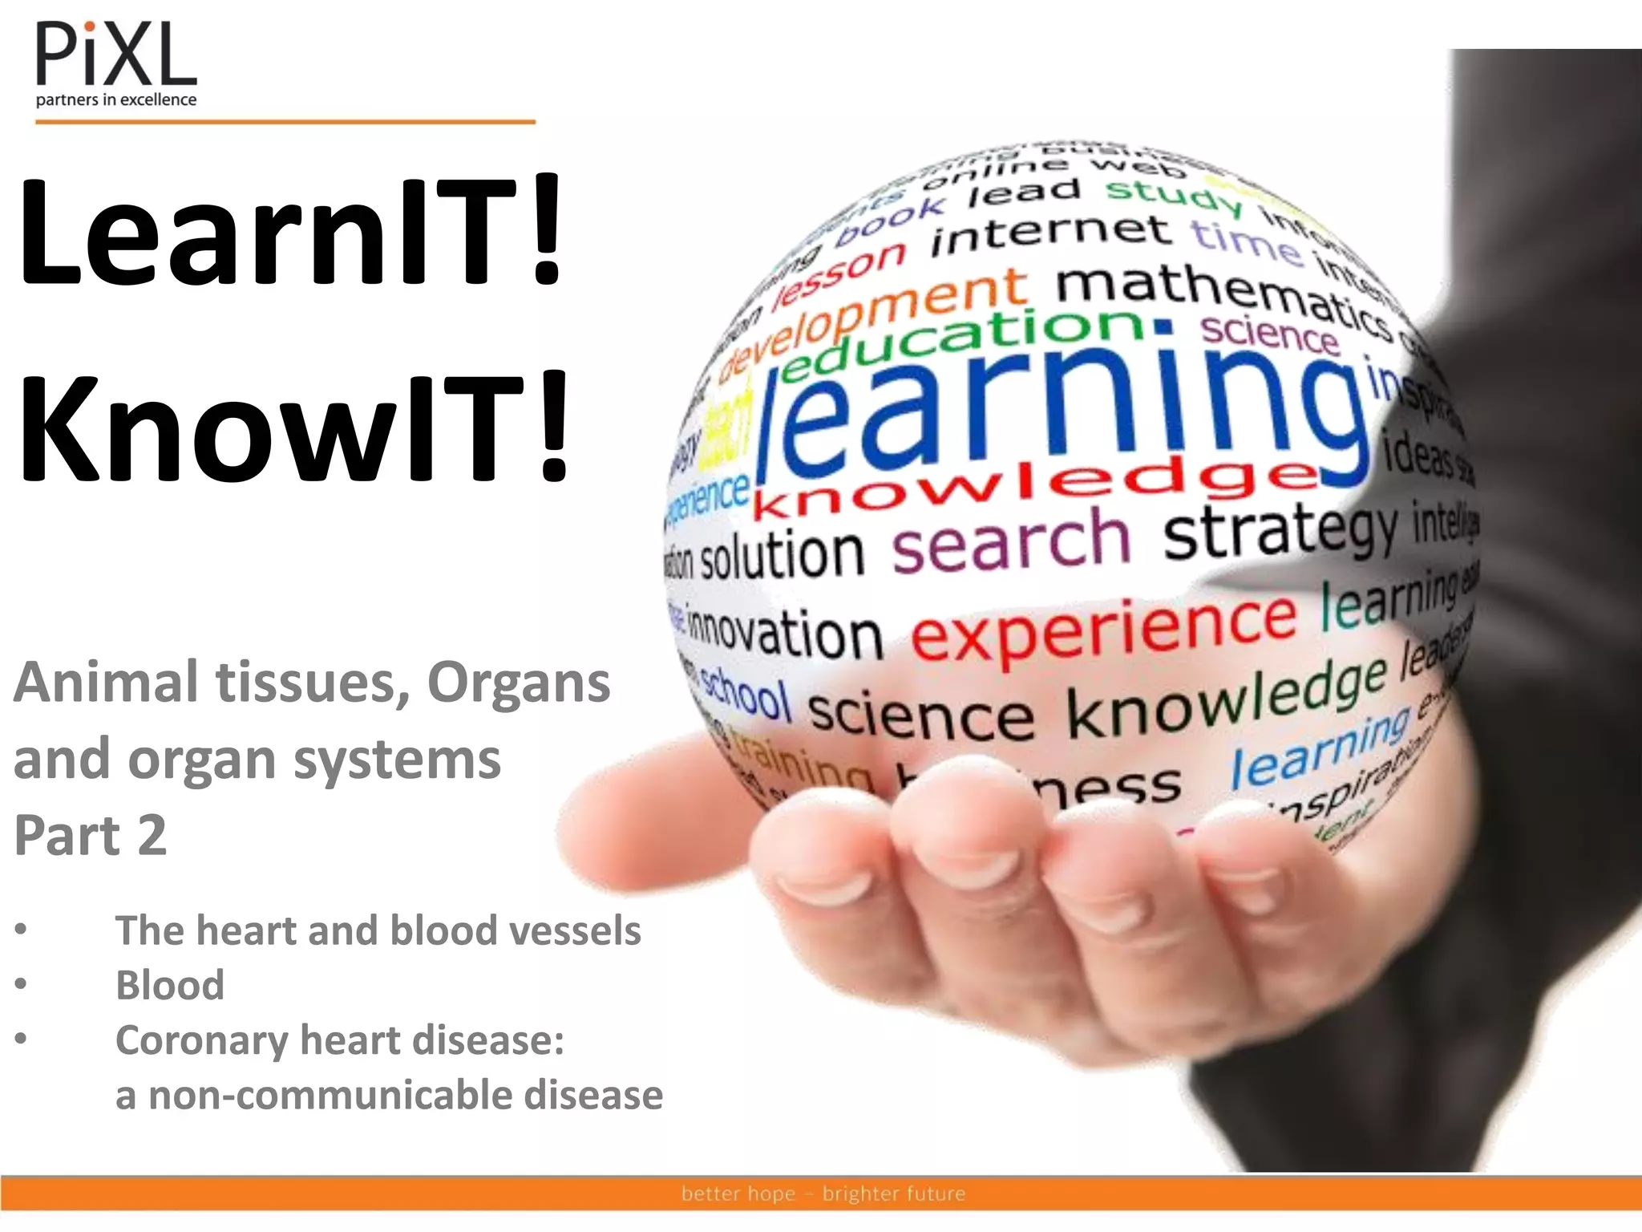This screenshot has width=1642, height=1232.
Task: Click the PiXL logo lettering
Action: pyautogui.click(x=116, y=54)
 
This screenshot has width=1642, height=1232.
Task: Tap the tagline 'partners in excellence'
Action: pyautogui.click(x=116, y=100)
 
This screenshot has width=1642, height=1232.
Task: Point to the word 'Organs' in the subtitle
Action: pyautogui.click(x=519, y=683)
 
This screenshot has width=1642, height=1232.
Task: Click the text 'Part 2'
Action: pyautogui.click(x=91, y=835)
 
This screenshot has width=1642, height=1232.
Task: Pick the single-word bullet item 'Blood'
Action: pyautogui.click(x=170, y=985)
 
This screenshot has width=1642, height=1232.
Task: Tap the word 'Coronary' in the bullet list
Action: pyautogui.click(x=201, y=1041)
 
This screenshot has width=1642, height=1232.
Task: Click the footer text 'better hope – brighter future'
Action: pyautogui.click(x=823, y=1193)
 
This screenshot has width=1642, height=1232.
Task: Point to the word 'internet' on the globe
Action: pyautogui.click(x=1050, y=233)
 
